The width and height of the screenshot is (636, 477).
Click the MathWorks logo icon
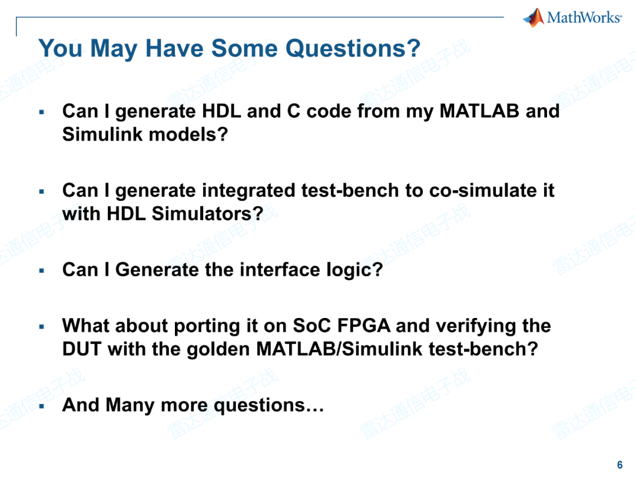coord(534,18)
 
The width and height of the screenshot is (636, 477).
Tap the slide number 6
coord(620,465)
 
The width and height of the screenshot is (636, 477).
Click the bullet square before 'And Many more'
coord(41,406)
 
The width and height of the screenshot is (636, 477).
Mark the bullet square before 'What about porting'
coord(41,326)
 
